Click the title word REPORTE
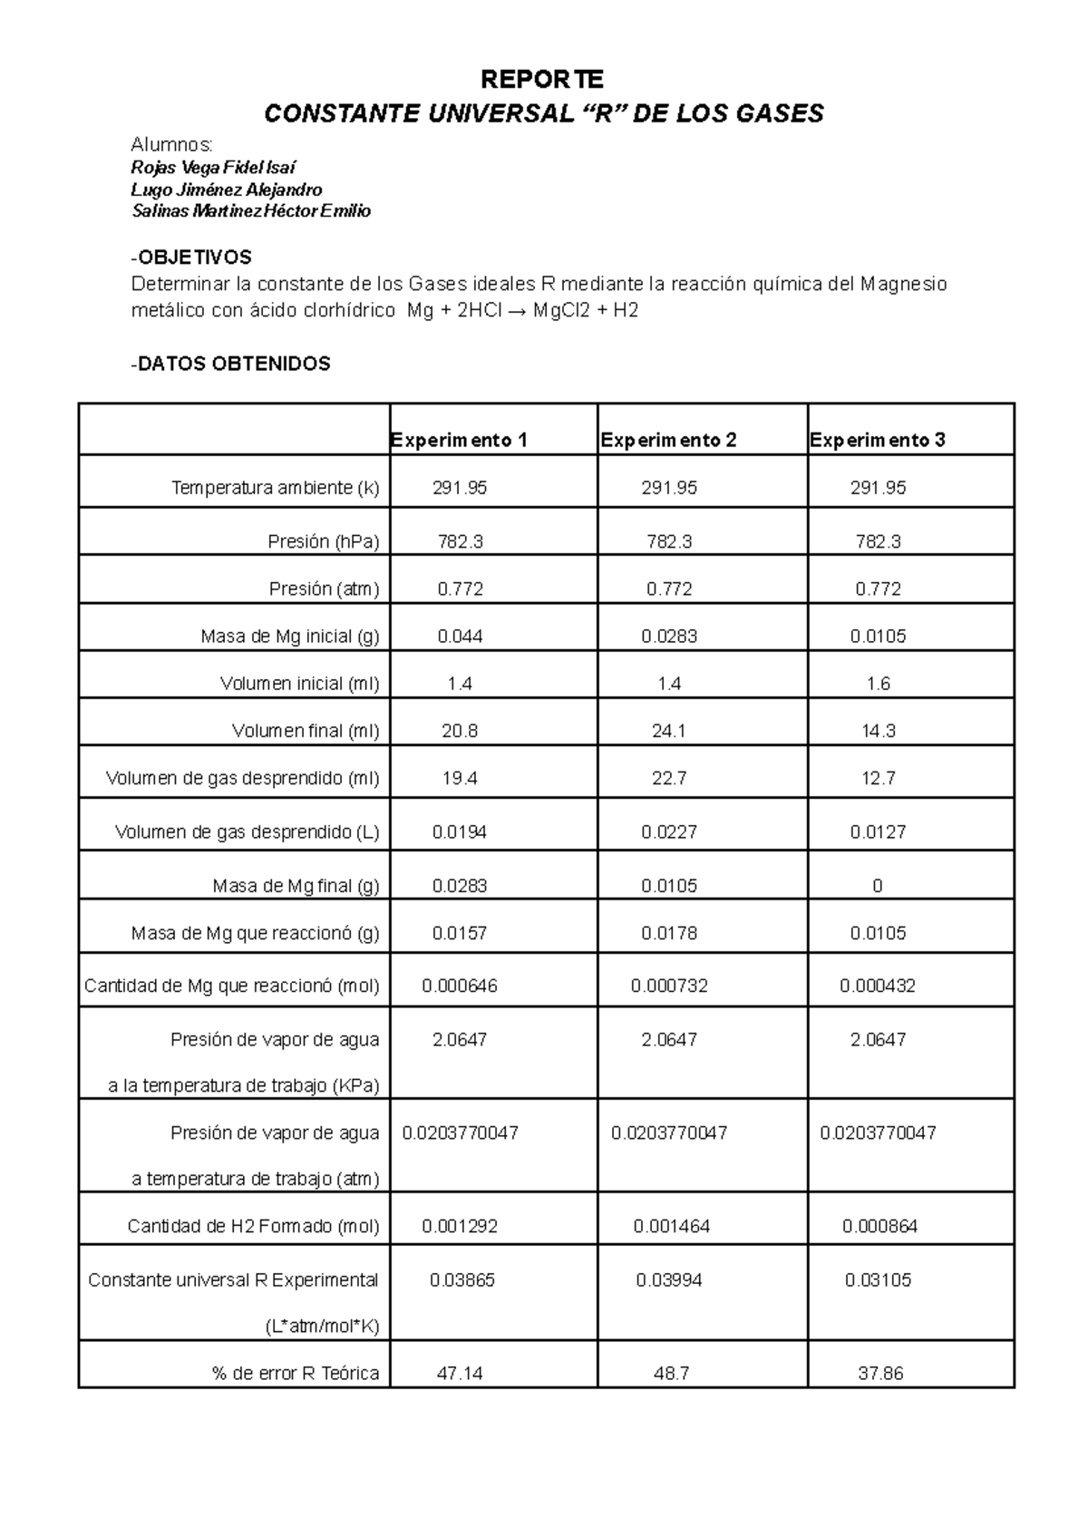coord(541,80)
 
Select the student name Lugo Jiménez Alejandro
coord(227,190)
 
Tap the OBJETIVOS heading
coord(192,258)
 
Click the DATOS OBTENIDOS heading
coord(232,364)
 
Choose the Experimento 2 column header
coord(668,440)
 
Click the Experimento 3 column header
coord(878,440)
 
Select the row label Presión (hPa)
coord(324,541)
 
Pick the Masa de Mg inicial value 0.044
coord(460,637)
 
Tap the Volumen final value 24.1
coord(669,731)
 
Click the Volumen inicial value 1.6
coord(878,684)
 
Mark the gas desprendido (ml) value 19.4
coord(460,778)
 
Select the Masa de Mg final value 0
coord(878,886)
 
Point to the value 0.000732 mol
coord(669,986)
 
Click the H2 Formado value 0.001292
coord(460,1227)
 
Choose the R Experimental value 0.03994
coord(669,1280)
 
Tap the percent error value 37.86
coord(880,1374)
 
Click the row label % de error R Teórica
coord(296,1374)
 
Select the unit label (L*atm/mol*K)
coord(322,1327)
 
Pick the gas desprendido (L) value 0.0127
coord(878,831)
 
